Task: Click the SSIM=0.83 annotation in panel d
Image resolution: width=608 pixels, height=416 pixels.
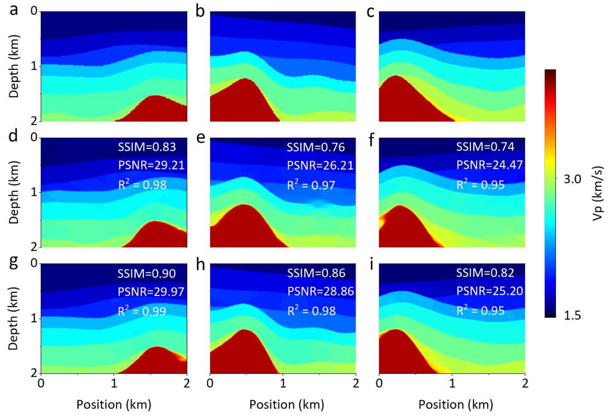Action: [x=147, y=147]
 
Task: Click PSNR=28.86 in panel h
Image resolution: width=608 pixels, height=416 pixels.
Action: [x=321, y=291]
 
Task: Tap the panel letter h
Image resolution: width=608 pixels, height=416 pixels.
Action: [x=201, y=265]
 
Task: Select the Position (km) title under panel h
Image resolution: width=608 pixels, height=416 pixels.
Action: [x=287, y=404]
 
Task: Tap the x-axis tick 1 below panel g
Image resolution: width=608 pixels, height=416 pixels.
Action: [x=114, y=384]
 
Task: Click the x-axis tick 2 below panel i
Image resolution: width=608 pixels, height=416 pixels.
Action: [x=525, y=384]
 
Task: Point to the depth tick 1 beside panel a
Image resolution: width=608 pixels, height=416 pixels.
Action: [x=33, y=66]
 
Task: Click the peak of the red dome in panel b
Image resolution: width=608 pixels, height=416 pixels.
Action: [x=245, y=79]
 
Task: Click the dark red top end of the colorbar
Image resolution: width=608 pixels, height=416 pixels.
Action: [x=550, y=73]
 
